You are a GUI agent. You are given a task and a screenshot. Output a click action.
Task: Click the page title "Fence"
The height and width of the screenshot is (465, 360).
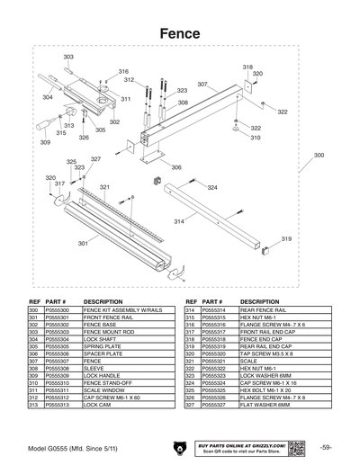(x=180, y=32)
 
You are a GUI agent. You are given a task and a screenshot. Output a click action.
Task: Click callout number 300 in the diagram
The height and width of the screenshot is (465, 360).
(x=319, y=156)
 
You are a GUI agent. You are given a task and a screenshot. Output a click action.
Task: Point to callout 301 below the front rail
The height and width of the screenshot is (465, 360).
(x=83, y=244)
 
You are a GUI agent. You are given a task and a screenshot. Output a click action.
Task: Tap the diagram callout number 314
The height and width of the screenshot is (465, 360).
(x=179, y=220)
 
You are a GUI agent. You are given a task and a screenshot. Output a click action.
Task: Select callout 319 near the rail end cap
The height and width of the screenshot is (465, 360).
(x=286, y=238)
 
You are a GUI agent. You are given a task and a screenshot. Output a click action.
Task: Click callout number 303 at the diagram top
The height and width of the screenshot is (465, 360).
(x=68, y=57)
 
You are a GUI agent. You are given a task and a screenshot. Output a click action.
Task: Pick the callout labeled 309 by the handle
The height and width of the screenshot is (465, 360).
(x=45, y=142)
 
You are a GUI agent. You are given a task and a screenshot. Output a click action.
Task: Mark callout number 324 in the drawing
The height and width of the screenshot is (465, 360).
(x=212, y=187)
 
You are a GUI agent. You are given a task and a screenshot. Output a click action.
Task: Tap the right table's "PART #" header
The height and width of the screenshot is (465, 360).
(x=211, y=302)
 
